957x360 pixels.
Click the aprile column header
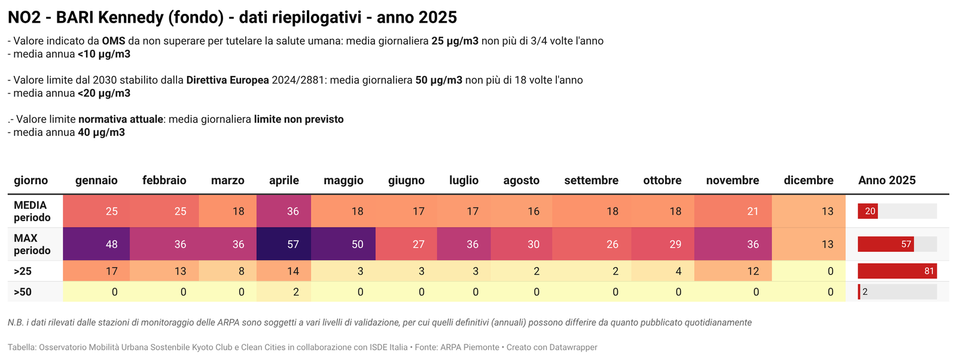click(284, 181)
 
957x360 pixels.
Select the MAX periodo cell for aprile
click(284, 244)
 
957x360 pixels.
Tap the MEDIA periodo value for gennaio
click(111, 211)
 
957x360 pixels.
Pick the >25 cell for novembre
click(732, 271)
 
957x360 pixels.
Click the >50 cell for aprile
click(284, 292)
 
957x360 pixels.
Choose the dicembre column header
click(808, 181)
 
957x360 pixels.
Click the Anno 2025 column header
click(886, 181)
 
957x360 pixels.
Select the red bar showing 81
click(897, 271)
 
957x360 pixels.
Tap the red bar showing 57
click(885, 244)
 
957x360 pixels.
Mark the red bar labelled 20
click(867, 211)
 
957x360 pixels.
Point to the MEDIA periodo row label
click(32, 211)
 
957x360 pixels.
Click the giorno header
click(31, 181)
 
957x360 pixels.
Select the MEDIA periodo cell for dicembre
click(809, 211)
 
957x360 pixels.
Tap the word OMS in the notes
click(113, 41)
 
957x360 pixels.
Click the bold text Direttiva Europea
click(227, 80)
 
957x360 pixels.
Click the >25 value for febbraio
click(180, 271)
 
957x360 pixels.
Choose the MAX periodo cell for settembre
click(591, 244)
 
